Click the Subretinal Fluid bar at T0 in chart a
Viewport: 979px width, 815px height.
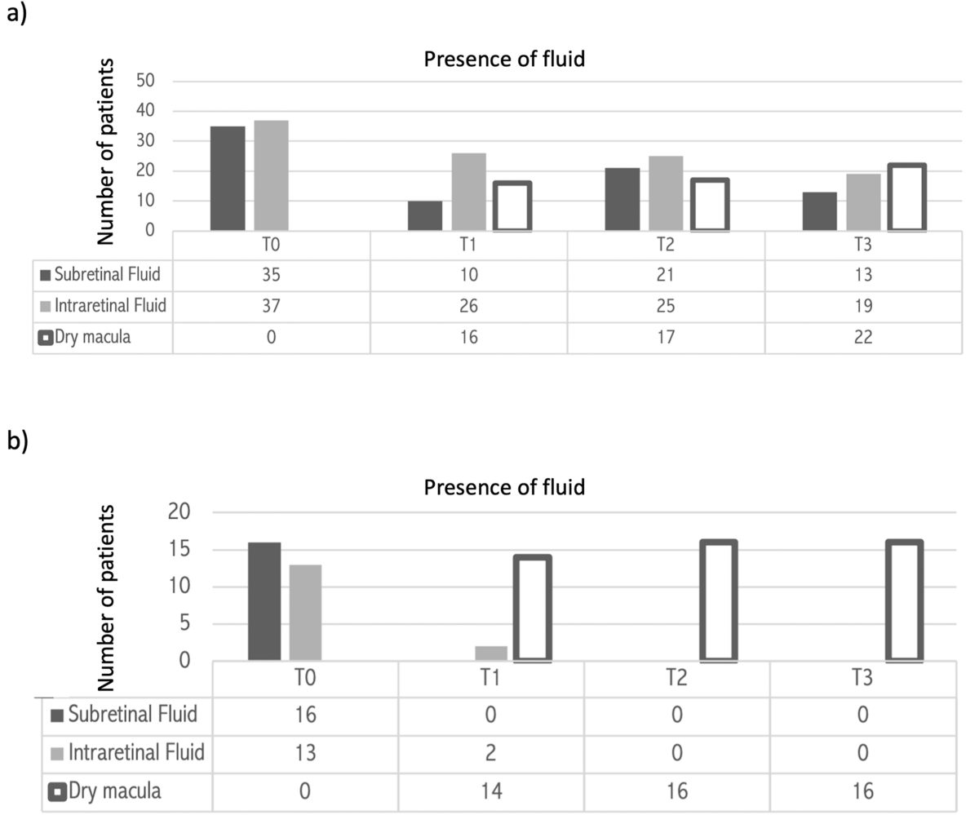228,178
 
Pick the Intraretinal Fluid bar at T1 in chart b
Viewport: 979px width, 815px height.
490,653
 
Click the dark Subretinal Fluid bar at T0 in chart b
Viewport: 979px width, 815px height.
264,601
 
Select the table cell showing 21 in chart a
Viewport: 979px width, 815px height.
666,276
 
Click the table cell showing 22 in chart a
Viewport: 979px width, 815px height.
863,338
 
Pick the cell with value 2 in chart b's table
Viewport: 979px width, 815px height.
490,753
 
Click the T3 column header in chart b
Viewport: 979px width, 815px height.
863,679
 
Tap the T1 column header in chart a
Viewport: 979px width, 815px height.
468,246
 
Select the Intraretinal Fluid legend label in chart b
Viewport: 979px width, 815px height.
135,753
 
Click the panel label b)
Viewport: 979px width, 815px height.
17,441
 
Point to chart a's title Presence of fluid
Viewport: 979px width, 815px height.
504,59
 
